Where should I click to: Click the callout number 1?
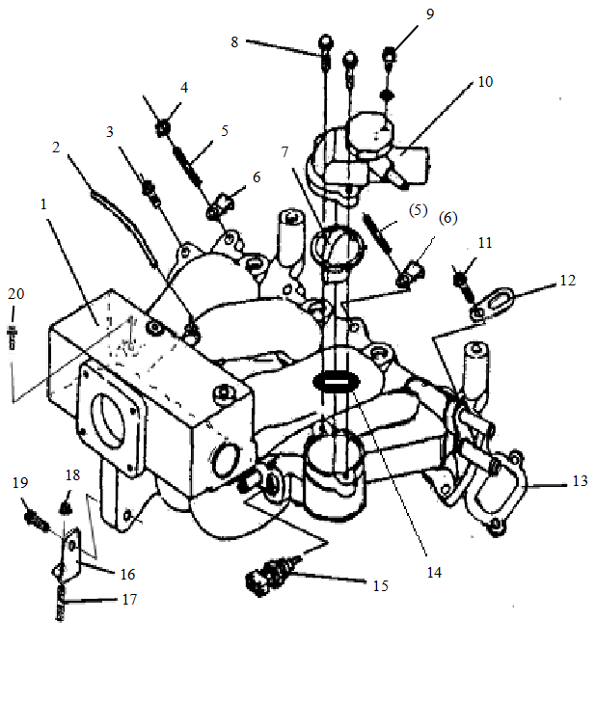[42, 205]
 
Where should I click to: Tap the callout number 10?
[484, 82]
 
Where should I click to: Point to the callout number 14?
[434, 572]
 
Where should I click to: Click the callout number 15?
[380, 584]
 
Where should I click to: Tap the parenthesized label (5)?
[417, 209]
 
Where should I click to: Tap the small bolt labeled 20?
[12, 340]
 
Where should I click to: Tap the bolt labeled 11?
[461, 279]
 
